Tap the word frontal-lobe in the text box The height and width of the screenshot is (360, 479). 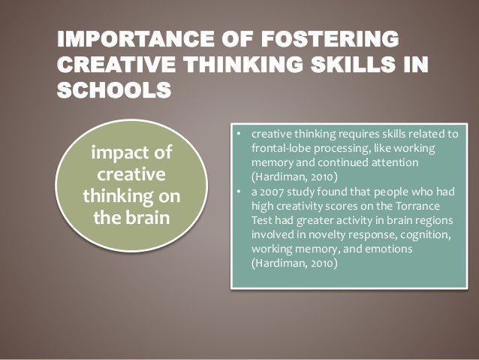click(283, 148)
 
